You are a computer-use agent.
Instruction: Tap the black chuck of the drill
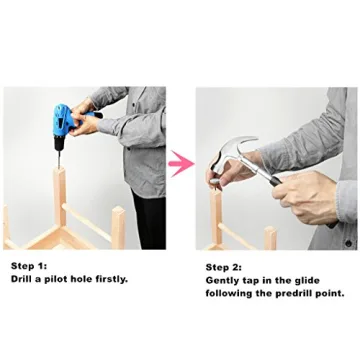pyautogui.click(x=59, y=143)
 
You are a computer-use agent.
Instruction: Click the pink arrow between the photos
pyautogui.click(x=181, y=163)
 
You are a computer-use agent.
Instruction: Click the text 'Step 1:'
pyautogui.click(x=29, y=266)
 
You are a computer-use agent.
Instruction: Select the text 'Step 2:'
pyautogui.click(x=224, y=267)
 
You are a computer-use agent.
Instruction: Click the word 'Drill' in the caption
pyautogui.click(x=22, y=279)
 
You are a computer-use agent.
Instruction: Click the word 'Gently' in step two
pyautogui.click(x=221, y=281)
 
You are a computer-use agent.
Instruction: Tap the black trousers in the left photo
pyautogui.click(x=149, y=220)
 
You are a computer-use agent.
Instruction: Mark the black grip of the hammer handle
pyautogui.click(x=276, y=181)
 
